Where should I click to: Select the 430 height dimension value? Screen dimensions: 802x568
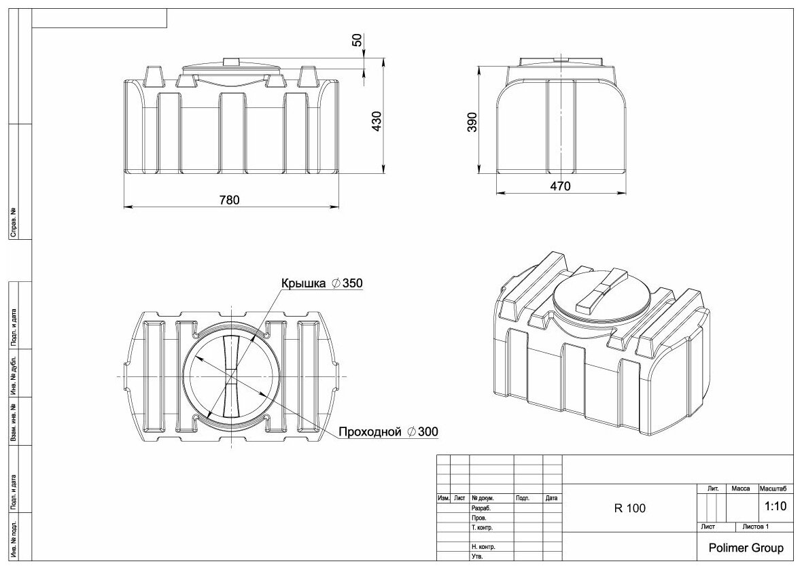[377, 121]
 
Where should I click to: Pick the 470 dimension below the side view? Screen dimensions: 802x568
[560, 185]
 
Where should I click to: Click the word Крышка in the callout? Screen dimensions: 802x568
[303, 283]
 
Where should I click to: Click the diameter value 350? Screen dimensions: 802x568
[353, 283]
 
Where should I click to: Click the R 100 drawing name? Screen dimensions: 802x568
[630, 508]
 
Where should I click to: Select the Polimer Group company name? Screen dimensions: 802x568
[746, 548]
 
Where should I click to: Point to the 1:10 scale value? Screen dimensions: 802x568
[775, 506]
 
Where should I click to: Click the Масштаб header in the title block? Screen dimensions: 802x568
[773, 489]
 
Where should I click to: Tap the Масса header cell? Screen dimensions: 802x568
[740, 489]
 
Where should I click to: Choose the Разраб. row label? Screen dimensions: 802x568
[481, 508]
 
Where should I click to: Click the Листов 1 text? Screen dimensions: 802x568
[756, 527]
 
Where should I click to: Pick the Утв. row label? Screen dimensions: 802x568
[476, 556]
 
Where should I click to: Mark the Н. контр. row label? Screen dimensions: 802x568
[483, 547]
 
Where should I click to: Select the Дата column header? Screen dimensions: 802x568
[551, 498]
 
